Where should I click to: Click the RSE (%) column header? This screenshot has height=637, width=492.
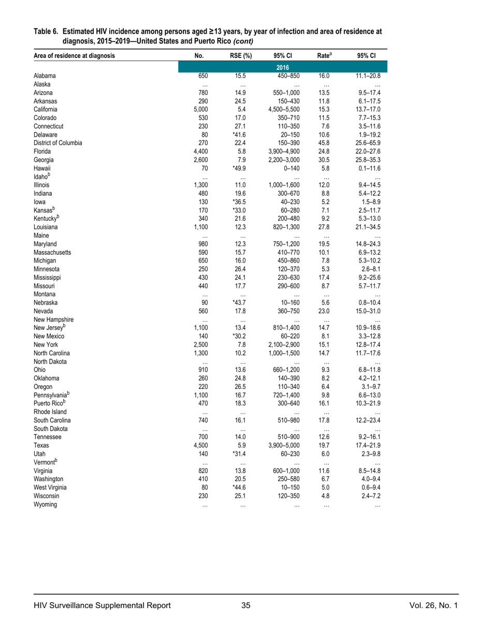240,56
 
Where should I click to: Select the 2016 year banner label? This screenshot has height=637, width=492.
282,67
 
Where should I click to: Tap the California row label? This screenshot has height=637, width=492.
46,109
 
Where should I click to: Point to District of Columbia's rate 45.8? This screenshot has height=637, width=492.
325,143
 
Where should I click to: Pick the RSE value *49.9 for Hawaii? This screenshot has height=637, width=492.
239,168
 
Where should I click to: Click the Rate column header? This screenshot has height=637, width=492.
325,55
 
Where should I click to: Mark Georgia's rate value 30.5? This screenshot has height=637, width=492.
325,160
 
